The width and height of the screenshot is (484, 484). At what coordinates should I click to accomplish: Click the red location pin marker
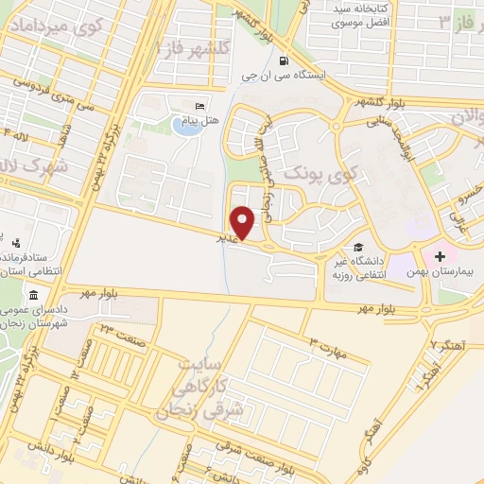(245, 223)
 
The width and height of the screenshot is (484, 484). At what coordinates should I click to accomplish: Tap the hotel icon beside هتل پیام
(199, 106)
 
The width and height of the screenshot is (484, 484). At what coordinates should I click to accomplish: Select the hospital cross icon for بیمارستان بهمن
(440, 255)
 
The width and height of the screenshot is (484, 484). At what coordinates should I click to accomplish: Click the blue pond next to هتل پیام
(188, 127)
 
